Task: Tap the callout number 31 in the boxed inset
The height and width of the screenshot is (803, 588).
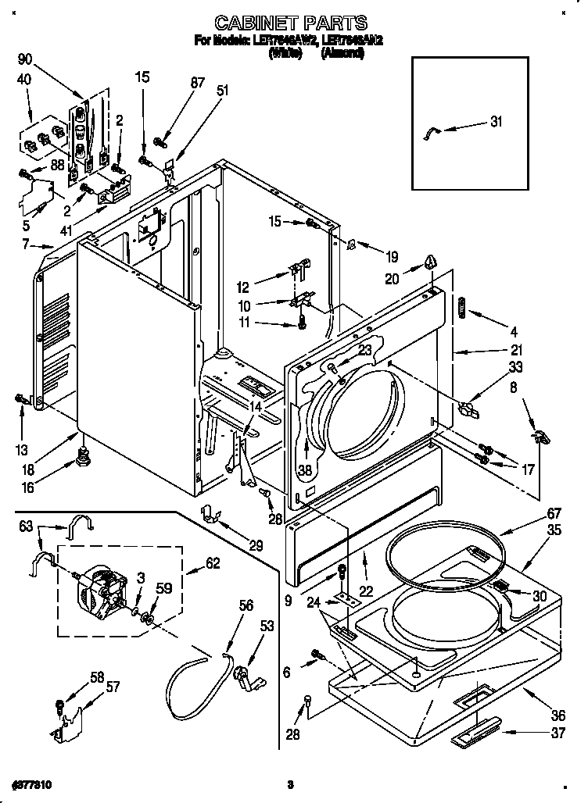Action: coord(496,121)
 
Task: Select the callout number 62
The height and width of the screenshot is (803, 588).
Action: coord(212,562)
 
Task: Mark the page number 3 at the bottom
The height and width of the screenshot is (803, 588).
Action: coord(289,783)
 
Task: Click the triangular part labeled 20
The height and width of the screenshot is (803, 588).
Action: coord(429,262)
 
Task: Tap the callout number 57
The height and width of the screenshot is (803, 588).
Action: coord(113,687)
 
